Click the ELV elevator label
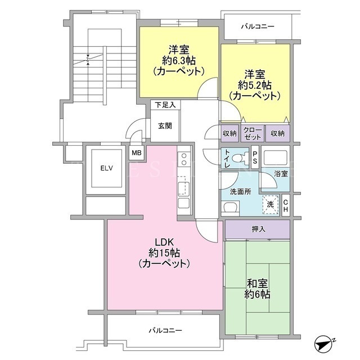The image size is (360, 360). tap(107, 168)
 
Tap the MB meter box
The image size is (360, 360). tap(137, 152)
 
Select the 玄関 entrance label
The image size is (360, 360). tap(165, 126)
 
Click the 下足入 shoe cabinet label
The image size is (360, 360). tap(165, 105)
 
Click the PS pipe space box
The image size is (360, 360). tap(255, 157)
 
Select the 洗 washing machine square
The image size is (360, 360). tap(271, 204)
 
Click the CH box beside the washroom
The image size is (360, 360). tap(286, 206)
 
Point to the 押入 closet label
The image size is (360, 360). tap(258, 229)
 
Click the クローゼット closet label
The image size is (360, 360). tap(253, 133)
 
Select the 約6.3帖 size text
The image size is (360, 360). tap(179, 61)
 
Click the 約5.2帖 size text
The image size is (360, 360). tap(255, 85)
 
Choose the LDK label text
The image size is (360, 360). tap(164, 242)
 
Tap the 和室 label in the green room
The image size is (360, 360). tap(257, 283)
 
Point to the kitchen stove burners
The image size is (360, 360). tap(184, 159)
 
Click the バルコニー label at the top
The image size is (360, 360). tap(258, 26)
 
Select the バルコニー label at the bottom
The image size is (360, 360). tap(165, 331)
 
